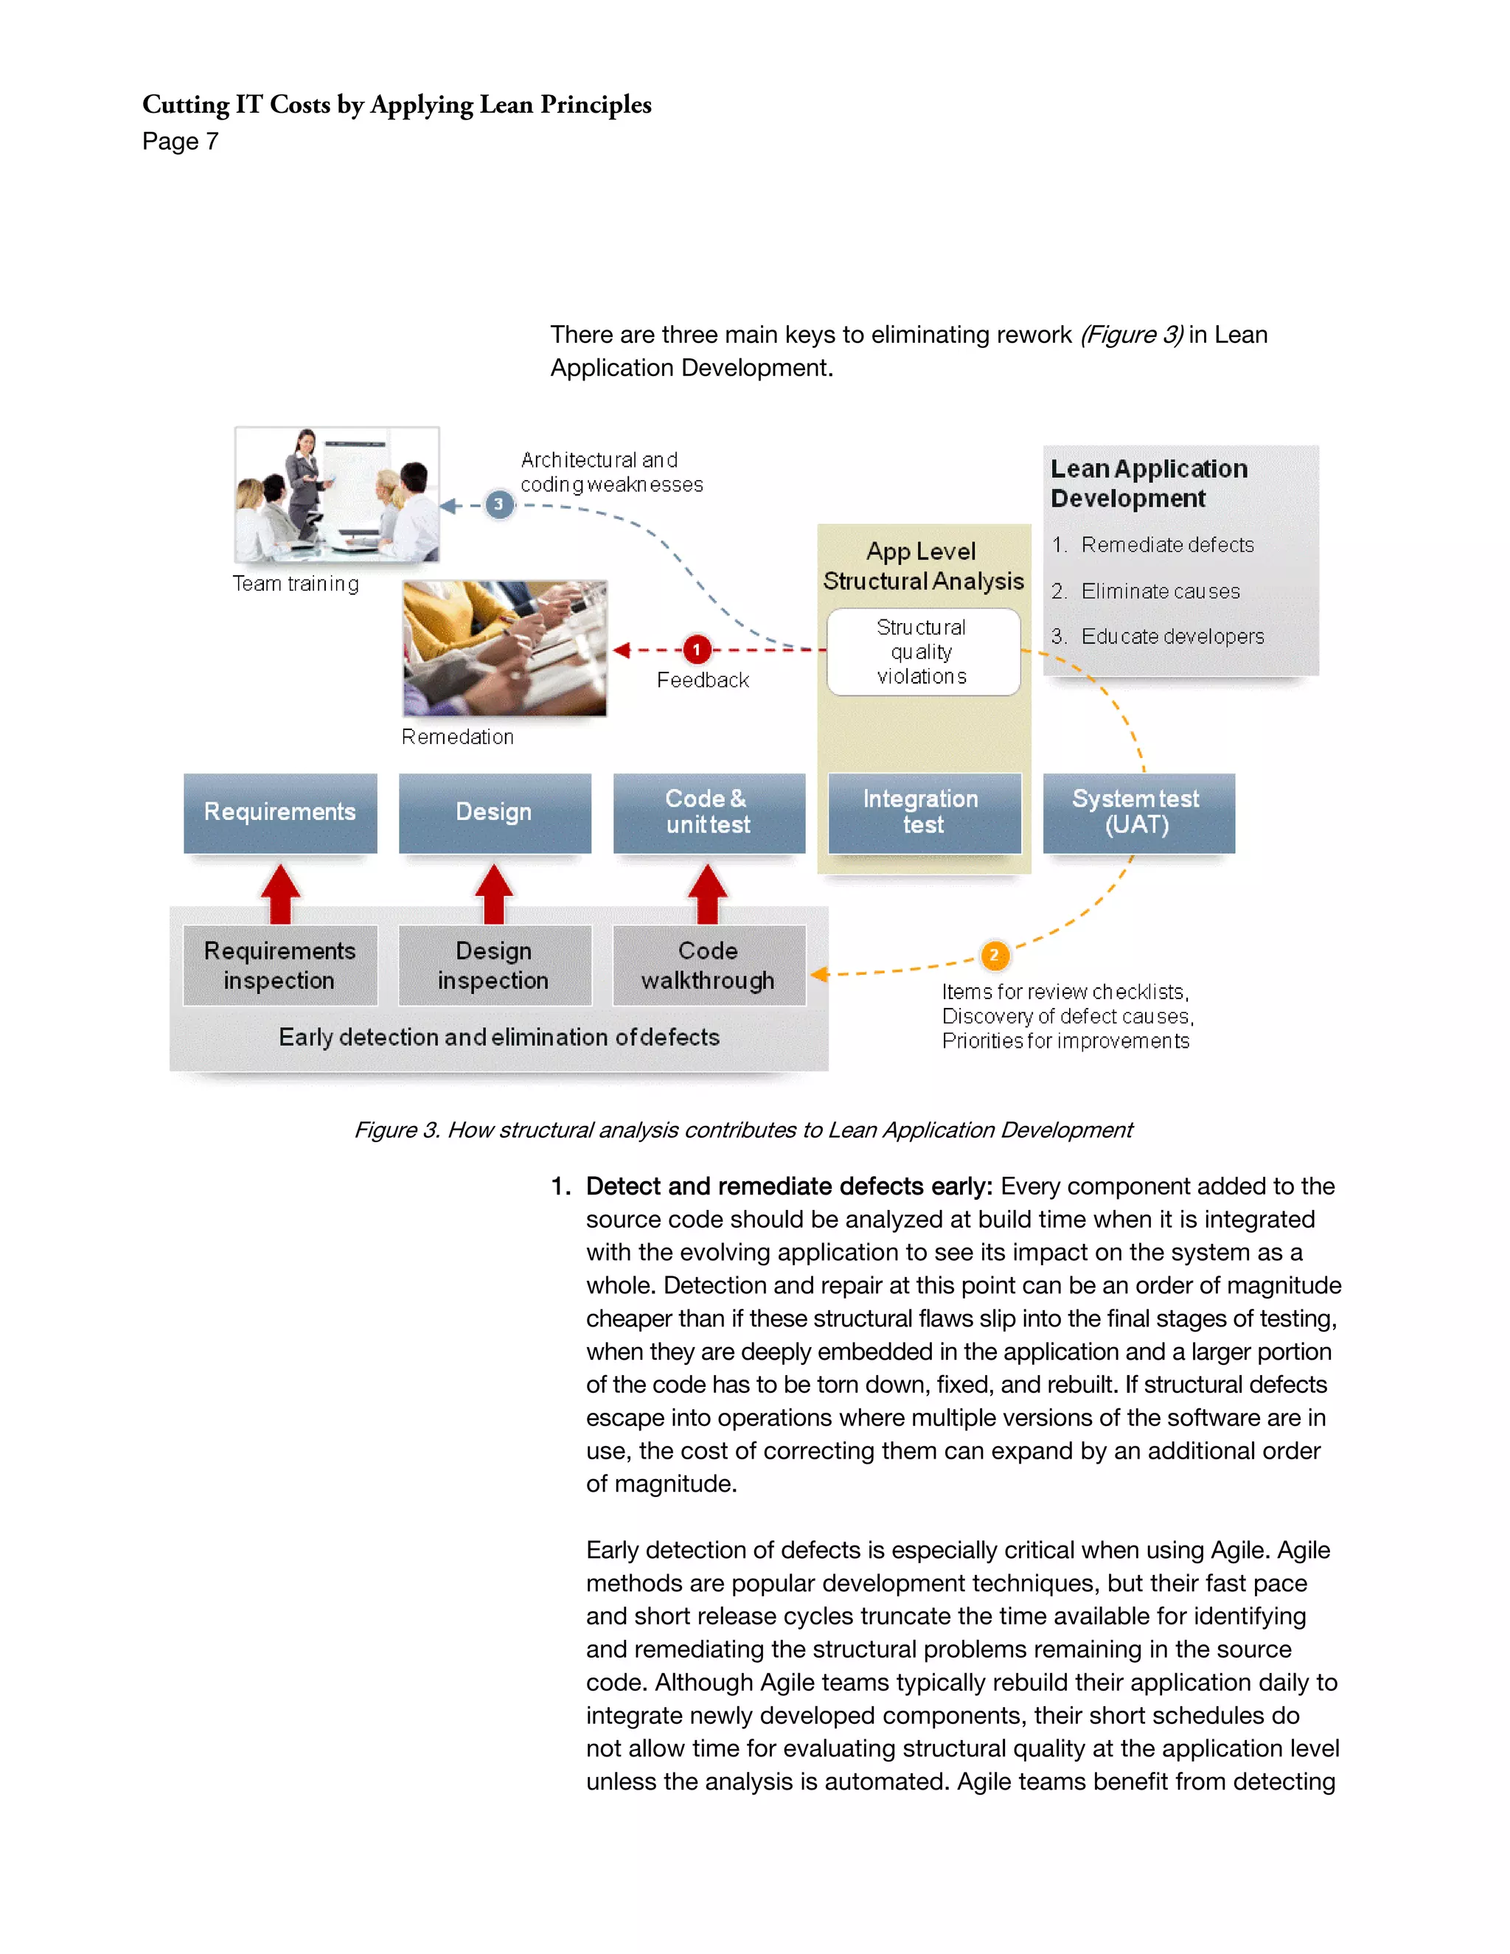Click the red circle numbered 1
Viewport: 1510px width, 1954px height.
697,650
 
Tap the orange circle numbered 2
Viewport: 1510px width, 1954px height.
994,955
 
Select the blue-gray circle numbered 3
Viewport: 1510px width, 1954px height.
499,504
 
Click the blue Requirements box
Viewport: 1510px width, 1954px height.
280,813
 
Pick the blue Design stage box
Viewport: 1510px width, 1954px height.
495,813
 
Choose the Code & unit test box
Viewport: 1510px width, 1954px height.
709,813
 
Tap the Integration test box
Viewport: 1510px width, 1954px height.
924,813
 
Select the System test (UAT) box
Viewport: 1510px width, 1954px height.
1138,813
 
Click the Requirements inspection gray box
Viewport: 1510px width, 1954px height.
280,965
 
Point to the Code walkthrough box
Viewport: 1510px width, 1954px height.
709,965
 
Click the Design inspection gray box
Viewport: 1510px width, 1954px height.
495,965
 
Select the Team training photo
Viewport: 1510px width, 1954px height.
336,495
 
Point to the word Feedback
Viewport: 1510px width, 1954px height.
702,681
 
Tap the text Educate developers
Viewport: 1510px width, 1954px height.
1172,637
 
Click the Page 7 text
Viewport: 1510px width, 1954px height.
180,142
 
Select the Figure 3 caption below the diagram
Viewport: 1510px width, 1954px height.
742,1130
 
